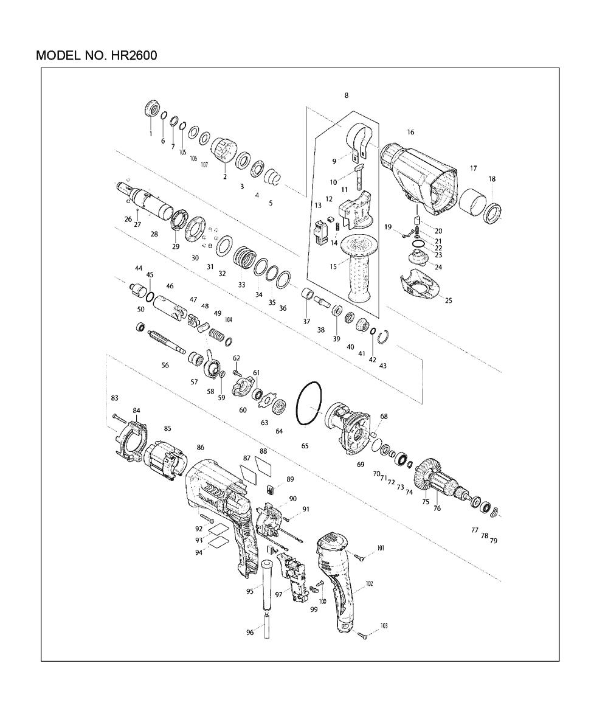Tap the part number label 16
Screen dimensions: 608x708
[x=410, y=133]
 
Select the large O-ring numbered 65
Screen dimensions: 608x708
[x=309, y=403]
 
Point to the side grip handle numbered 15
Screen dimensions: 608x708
[x=356, y=267]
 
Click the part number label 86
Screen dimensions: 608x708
[x=201, y=448]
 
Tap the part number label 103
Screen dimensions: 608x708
[x=384, y=626]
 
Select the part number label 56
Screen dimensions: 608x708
[x=165, y=365]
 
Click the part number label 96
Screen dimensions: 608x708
[x=250, y=633]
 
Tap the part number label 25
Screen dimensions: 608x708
[x=448, y=300]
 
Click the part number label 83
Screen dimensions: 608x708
[x=115, y=398]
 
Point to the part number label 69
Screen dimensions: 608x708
[x=360, y=465]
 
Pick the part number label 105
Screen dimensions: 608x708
[x=182, y=153]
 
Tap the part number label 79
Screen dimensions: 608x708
[x=493, y=541]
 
